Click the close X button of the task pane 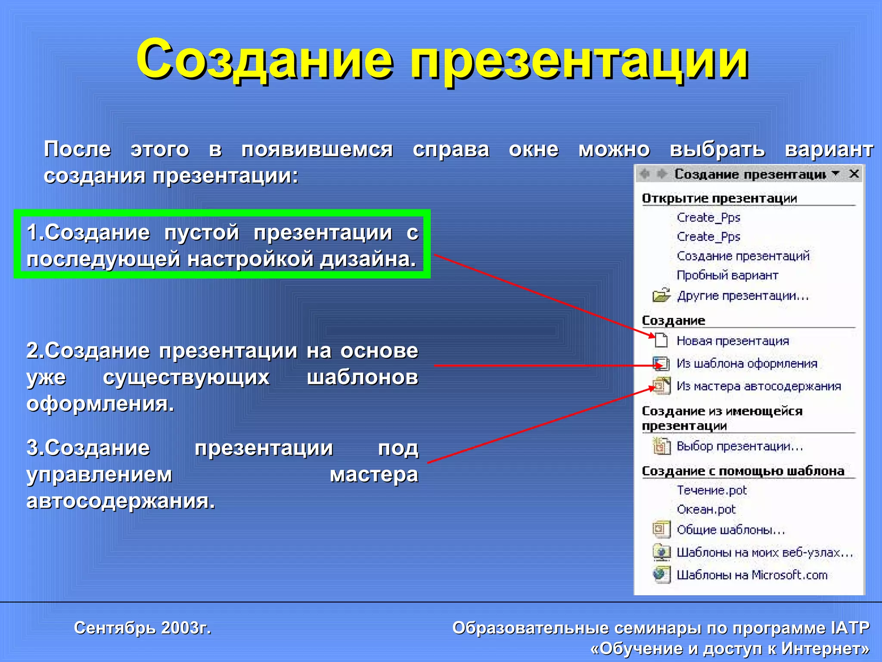click(x=854, y=174)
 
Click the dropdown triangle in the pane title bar click(x=836, y=173)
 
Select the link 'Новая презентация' click(x=733, y=341)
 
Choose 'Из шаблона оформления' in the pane click(x=747, y=363)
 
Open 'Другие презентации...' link click(x=743, y=296)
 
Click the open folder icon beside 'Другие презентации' click(x=661, y=295)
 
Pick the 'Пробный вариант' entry click(x=727, y=275)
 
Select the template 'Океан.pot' click(x=706, y=509)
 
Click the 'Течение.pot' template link click(x=712, y=490)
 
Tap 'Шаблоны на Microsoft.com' click(x=752, y=575)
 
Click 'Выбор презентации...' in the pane click(x=740, y=446)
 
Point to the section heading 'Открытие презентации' click(x=719, y=198)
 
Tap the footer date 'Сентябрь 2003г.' click(x=143, y=628)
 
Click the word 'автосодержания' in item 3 click(x=121, y=501)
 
